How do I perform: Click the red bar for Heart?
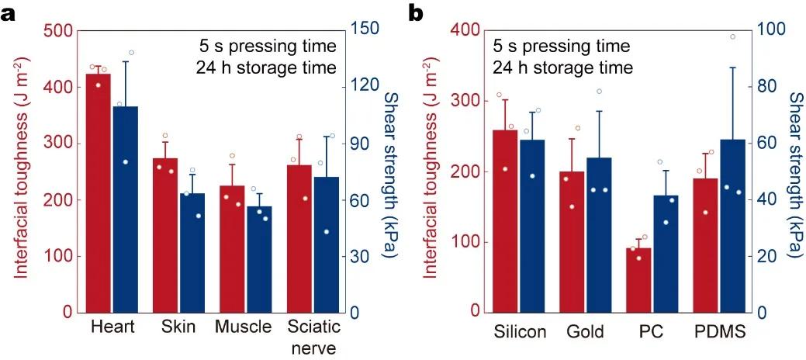tap(99, 194)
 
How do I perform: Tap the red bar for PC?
tap(638, 280)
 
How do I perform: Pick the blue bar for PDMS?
tap(733, 226)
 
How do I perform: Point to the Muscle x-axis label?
tap(244, 327)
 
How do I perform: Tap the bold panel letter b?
tap(417, 12)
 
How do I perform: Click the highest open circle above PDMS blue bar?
tap(732, 36)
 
